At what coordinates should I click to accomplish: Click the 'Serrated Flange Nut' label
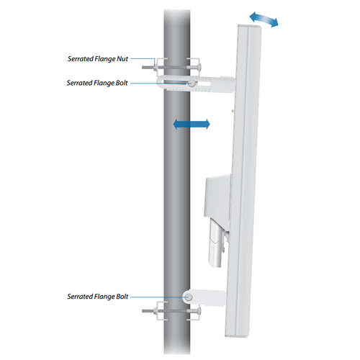[x=98, y=59]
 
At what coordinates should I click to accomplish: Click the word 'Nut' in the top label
[x=122, y=59]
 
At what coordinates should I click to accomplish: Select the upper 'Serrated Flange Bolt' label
[x=97, y=83]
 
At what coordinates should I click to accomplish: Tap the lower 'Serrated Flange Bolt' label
[x=98, y=297]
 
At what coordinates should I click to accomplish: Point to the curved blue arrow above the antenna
[x=264, y=19]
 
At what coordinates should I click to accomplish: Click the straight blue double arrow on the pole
[x=192, y=124]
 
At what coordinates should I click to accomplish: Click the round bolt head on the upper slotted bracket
[x=192, y=84]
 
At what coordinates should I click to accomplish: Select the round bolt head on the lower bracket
[x=189, y=297]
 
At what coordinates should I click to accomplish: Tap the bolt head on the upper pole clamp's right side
[x=199, y=68]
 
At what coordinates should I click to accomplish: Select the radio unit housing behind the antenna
[x=217, y=196]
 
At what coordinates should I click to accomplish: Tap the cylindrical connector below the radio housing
[x=216, y=243]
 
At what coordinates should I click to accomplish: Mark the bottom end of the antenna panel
[x=236, y=336]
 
